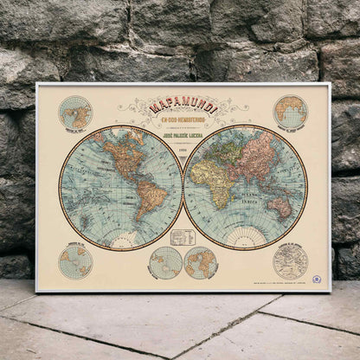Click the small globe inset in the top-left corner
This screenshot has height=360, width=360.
tap(75, 112)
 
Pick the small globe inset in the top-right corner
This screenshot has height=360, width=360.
tap(291, 112)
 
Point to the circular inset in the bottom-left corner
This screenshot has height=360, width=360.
tap(75, 261)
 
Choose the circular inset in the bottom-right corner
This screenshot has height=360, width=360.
tap(291, 261)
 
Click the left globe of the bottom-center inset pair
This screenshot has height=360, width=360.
tap(164, 262)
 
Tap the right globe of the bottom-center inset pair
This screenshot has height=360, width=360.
tap(201, 262)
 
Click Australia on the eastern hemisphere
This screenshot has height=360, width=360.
tap(280, 206)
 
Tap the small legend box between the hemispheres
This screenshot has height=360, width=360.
tap(182, 237)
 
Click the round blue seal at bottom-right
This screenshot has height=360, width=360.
tap(317, 279)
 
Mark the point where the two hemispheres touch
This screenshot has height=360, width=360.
tap(183, 188)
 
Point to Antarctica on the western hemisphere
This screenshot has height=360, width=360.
tap(121, 241)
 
